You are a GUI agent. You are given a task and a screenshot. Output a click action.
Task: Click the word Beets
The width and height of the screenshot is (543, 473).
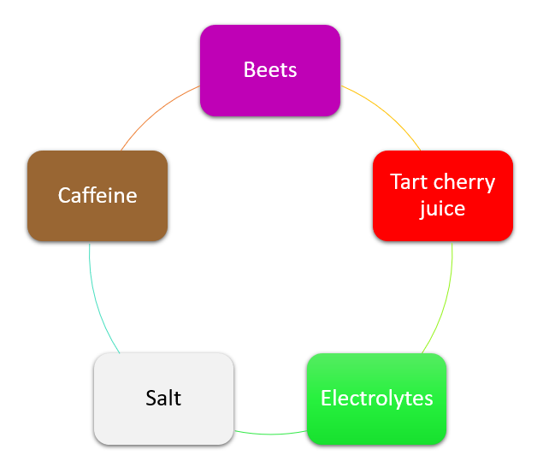coord(270,70)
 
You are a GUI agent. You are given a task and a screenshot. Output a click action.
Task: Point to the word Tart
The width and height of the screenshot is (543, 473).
coord(408,182)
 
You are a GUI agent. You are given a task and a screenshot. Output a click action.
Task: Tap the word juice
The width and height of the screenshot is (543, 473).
coord(442,208)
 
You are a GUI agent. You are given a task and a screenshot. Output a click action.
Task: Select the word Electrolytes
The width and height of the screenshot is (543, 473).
coord(376,398)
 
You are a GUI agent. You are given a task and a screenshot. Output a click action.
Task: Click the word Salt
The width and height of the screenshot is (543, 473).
coord(163,398)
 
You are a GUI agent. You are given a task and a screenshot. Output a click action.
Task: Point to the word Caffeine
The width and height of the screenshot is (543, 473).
coord(97,196)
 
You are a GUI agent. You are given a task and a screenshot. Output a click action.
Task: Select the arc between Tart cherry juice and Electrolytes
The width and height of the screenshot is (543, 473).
coord(445,299)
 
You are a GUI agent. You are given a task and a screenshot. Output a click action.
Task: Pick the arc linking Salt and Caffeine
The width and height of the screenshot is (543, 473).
coord(96,299)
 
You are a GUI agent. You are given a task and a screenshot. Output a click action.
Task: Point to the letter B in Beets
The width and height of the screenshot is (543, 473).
coord(250,70)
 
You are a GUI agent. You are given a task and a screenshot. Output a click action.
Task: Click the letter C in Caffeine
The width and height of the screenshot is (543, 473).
coord(64,196)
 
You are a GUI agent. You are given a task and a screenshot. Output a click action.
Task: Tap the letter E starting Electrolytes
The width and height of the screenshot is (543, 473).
coord(326,398)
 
